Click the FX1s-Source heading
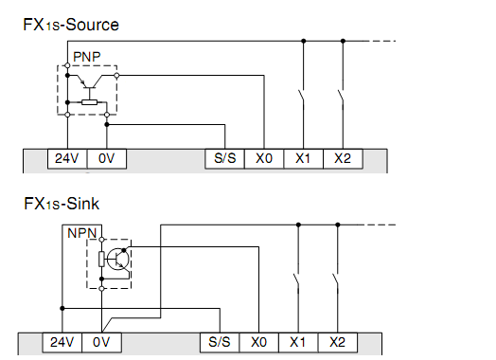72,25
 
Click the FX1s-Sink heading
62,203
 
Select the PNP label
86,58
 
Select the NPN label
80,232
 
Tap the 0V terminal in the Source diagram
106,160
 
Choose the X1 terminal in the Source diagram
302,160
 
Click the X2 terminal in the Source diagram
342,160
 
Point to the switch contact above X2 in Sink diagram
336,280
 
